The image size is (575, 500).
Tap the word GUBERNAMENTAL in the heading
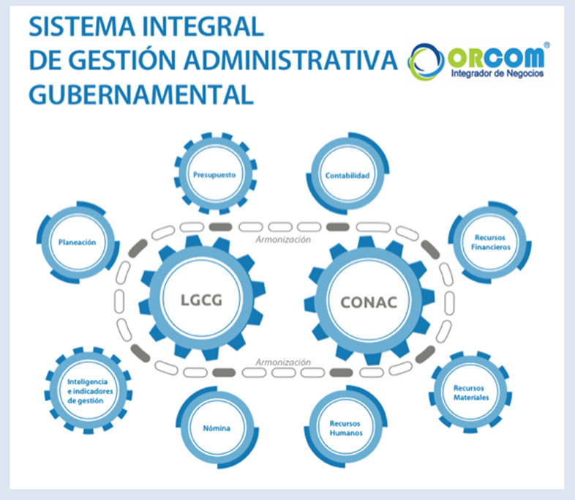coord(141,95)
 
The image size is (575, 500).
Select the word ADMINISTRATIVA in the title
coord(291,61)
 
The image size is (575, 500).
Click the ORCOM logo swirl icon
coord(426,61)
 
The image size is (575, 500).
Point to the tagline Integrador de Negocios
coord(497,73)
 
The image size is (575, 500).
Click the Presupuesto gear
coord(215,174)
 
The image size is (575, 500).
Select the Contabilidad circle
coord(347,173)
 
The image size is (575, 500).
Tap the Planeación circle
coord(78,242)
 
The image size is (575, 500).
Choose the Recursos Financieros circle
coord(490,242)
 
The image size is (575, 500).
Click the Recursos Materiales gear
coord(470,392)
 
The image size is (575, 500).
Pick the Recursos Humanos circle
coord(346,427)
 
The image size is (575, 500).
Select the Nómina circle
coord(217,428)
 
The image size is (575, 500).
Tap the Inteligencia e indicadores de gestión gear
coord(88,391)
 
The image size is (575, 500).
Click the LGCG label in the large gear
coord(202,300)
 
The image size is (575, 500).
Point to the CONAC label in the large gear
coord(369,302)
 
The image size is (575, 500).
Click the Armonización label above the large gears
coord(283,239)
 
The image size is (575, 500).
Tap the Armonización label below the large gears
coord(283,362)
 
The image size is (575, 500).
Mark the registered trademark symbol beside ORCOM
coord(546,45)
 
